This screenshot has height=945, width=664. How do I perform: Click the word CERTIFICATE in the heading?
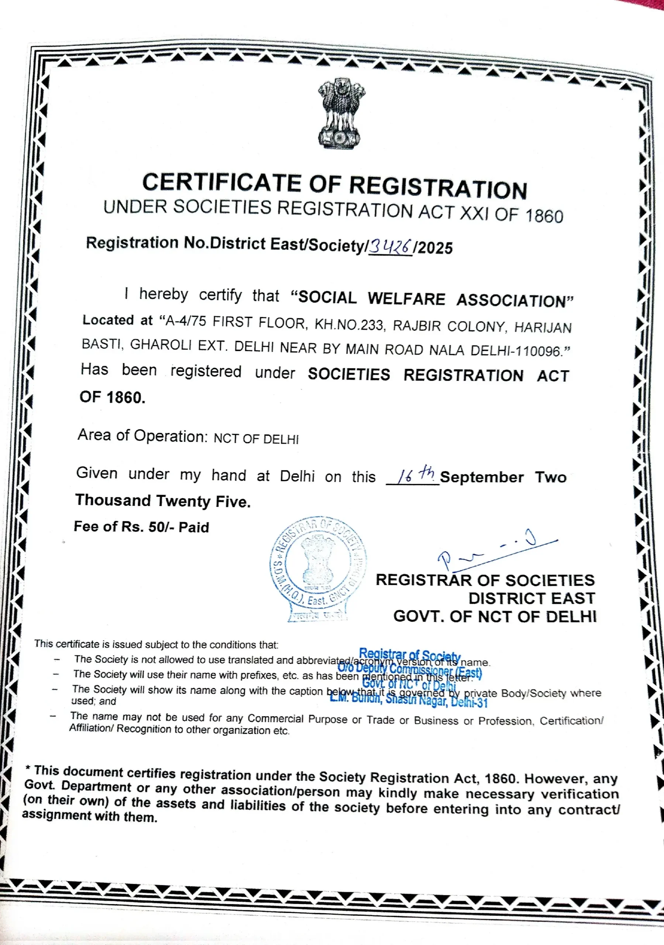click(x=221, y=183)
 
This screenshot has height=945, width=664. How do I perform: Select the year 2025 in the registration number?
click(x=435, y=248)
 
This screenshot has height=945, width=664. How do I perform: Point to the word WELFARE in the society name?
click(x=406, y=299)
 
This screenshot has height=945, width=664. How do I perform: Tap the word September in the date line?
click(x=482, y=477)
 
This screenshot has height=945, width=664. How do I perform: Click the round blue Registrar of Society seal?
click(x=318, y=568)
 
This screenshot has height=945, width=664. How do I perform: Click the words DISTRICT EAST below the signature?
click(x=532, y=598)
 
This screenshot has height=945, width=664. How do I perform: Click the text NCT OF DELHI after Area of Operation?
click(x=256, y=439)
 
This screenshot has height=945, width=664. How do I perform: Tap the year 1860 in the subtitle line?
click(x=544, y=216)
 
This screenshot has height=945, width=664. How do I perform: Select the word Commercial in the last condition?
click(x=276, y=718)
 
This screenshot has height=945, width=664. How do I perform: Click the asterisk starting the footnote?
click(x=28, y=768)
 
